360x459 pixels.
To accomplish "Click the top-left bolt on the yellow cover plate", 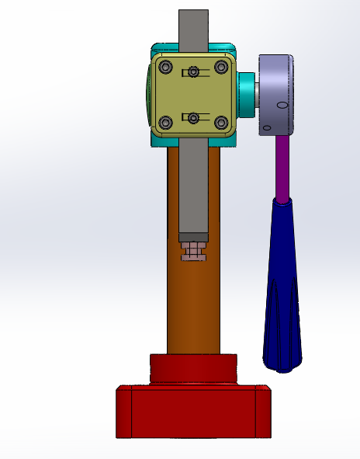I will (x=164, y=67).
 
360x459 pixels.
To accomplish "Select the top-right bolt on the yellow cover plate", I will (x=221, y=67).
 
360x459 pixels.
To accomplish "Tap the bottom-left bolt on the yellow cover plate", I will (x=164, y=122).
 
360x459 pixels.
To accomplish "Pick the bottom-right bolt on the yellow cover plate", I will (x=221, y=122).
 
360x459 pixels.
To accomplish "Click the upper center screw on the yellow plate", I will (x=193, y=72).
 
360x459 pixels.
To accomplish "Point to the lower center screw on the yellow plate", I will (x=193, y=117).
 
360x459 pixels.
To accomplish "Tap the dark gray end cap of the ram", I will (x=193, y=236).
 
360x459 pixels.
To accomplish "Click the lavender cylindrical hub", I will (x=275, y=93).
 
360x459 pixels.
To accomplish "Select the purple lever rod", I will (x=283, y=167).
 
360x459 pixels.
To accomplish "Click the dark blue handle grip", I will (x=283, y=295).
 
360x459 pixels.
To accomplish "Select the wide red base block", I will (x=192, y=412).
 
